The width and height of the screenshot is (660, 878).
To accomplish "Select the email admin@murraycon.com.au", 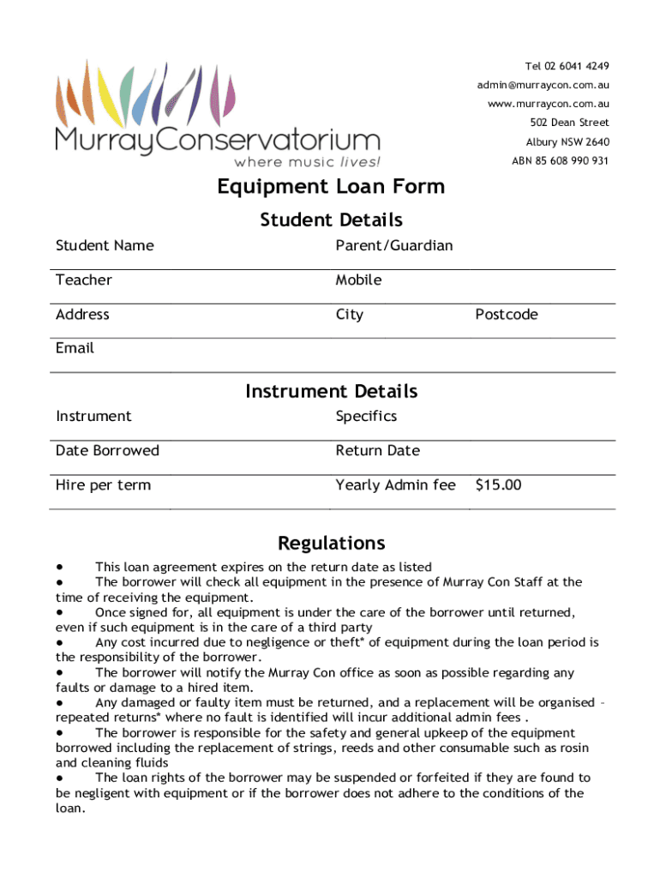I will (543, 85).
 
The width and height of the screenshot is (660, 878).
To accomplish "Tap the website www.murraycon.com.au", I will (549, 104).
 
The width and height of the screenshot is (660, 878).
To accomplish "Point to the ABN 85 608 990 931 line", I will (561, 160).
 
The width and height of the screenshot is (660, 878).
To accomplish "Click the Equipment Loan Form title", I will (331, 186).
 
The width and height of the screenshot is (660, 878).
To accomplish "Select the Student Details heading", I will (331, 220).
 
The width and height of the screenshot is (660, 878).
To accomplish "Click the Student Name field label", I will (105, 246).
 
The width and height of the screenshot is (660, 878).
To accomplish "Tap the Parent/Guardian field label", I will (394, 246).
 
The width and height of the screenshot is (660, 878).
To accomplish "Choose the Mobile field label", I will (359, 280).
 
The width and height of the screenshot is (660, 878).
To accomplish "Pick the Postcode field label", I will (507, 315).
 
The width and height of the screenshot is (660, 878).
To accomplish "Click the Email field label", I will (75, 348).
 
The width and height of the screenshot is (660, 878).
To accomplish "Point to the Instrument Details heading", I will (331, 392).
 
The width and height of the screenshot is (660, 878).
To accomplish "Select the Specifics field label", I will (366, 417).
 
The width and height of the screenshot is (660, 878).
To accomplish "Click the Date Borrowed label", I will (107, 451).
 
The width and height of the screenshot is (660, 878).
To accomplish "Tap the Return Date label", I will (378, 451).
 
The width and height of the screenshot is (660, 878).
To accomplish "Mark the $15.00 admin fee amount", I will (498, 485).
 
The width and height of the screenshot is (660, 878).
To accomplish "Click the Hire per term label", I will (103, 485).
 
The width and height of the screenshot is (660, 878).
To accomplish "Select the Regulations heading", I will (331, 544).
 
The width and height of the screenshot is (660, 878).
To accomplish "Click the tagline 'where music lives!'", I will (307, 161).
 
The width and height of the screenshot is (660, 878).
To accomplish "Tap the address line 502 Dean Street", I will (569, 123).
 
